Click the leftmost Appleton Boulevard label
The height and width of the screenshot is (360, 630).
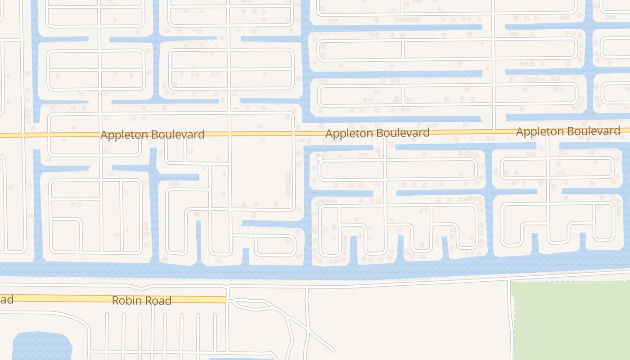tap(152, 135)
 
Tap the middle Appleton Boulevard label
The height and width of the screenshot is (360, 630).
tap(377, 133)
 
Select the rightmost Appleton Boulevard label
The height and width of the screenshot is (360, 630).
tap(568, 131)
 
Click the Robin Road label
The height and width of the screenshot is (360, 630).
tap(141, 301)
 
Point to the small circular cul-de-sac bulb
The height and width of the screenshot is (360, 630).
tap(319, 158)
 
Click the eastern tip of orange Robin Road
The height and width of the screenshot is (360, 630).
tap(225, 300)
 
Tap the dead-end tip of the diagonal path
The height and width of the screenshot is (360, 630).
tap(333, 350)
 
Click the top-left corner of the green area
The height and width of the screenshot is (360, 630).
tap(512, 283)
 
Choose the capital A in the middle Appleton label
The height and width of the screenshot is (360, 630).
tap(329, 134)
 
